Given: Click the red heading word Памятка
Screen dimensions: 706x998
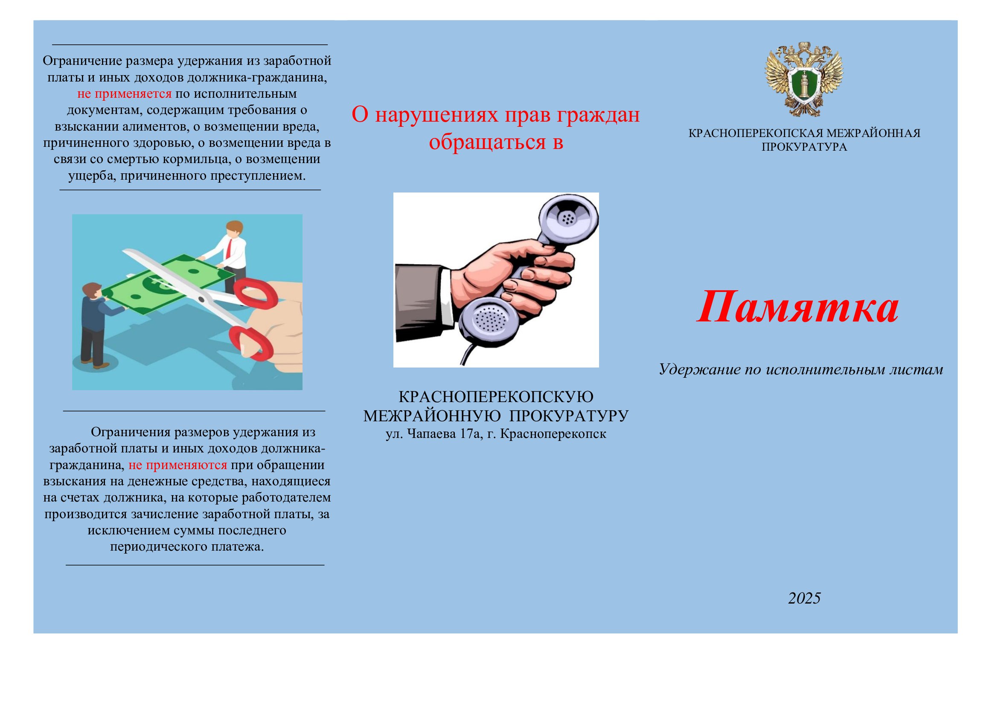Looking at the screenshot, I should [x=797, y=308].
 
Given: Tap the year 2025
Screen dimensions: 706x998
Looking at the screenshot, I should [x=804, y=598].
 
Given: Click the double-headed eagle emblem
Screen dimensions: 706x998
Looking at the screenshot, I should [x=804, y=79].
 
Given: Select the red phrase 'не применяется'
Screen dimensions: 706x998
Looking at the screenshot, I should [x=124, y=94].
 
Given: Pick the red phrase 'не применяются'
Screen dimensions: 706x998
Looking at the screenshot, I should [x=178, y=465].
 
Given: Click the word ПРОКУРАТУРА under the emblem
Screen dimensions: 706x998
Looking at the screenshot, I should [x=804, y=147].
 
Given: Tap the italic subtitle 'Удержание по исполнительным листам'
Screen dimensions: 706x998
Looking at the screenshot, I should [x=800, y=370].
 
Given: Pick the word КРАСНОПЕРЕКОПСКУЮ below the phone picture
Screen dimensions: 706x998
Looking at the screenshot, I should [x=495, y=397].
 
